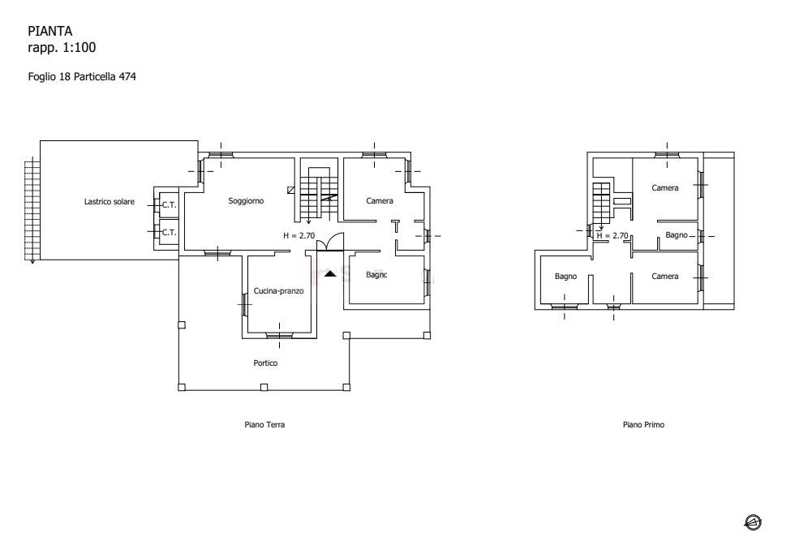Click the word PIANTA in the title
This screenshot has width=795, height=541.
pyautogui.click(x=49, y=31)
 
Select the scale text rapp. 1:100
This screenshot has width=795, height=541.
pyautogui.click(x=62, y=48)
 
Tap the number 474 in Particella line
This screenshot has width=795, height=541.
pyautogui.click(x=127, y=76)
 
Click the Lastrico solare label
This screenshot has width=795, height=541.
pyautogui.click(x=110, y=202)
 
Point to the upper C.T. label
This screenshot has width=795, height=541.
pyautogui.click(x=170, y=205)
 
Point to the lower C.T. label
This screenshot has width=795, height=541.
pyautogui.click(x=170, y=233)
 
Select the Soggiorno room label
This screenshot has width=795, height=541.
pyautogui.click(x=246, y=201)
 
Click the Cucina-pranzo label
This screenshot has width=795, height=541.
pyautogui.click(x=279, y=291)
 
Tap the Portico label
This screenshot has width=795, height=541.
pyautogui.click(x=266, y=363)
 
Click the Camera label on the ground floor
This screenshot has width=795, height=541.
pyautogui.click(x=380, y=201)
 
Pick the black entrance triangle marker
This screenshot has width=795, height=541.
pyautogui.click(x=330, y=274)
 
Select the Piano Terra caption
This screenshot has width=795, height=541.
pyautogui.click(x=264, y=425)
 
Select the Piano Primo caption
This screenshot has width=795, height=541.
pyautogui.click(x=644, y=425)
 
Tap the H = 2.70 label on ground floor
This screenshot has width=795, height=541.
pyautogui.click(x=299, y=236)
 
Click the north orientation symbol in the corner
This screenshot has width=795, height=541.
pyautogui.click(x=753, y=522)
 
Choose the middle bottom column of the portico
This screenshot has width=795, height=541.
pyautogui.click(x=264, y=388)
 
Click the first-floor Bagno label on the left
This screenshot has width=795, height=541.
pyautogui.click(x=566, y=277)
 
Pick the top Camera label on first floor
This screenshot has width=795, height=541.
pyautogui.click(x=665, y=188)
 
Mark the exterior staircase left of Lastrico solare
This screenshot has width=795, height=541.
pyautogui.click(x=32, y=210)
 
